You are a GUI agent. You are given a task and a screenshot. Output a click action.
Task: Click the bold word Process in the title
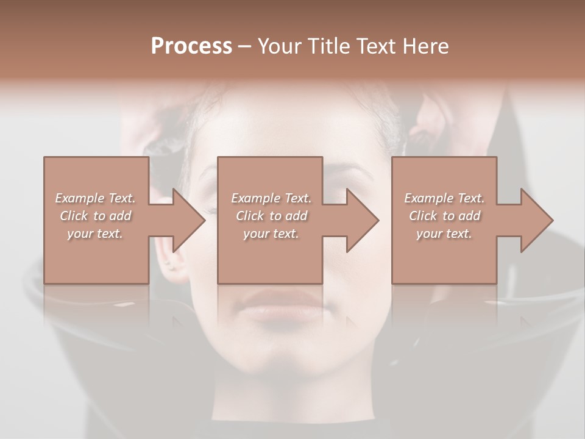[x=191, y=46]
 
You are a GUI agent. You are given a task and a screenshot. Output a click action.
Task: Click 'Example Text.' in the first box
[x=95, y=198]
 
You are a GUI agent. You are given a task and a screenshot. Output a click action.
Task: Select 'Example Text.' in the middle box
[x=271, y=198]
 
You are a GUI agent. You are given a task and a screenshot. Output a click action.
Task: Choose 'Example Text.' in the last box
[x=444, y=198]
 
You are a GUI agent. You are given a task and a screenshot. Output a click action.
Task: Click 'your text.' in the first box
[x=95, y=234]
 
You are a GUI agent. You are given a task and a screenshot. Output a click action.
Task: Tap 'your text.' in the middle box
[x=271, y=234]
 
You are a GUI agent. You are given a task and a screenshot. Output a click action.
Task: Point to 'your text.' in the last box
[x=444, y=234]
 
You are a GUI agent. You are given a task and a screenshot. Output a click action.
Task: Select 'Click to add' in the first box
[x=95, y=216]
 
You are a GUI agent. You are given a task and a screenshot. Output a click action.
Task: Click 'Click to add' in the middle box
[x=271, y=216]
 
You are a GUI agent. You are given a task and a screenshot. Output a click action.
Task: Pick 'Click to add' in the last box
[x=444, y=216]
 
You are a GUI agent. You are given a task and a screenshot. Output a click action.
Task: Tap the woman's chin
[x=282, y=357]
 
